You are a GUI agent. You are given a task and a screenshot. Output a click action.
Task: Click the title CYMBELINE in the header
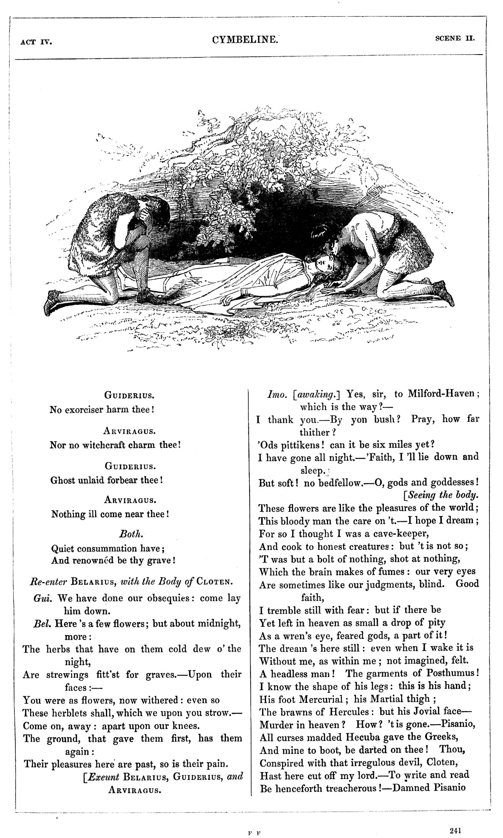[x=245, y=40]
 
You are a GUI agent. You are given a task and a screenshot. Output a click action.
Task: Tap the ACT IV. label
[x=36, y=42]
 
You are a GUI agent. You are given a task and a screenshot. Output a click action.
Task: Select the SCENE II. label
[x=455, y=38]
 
